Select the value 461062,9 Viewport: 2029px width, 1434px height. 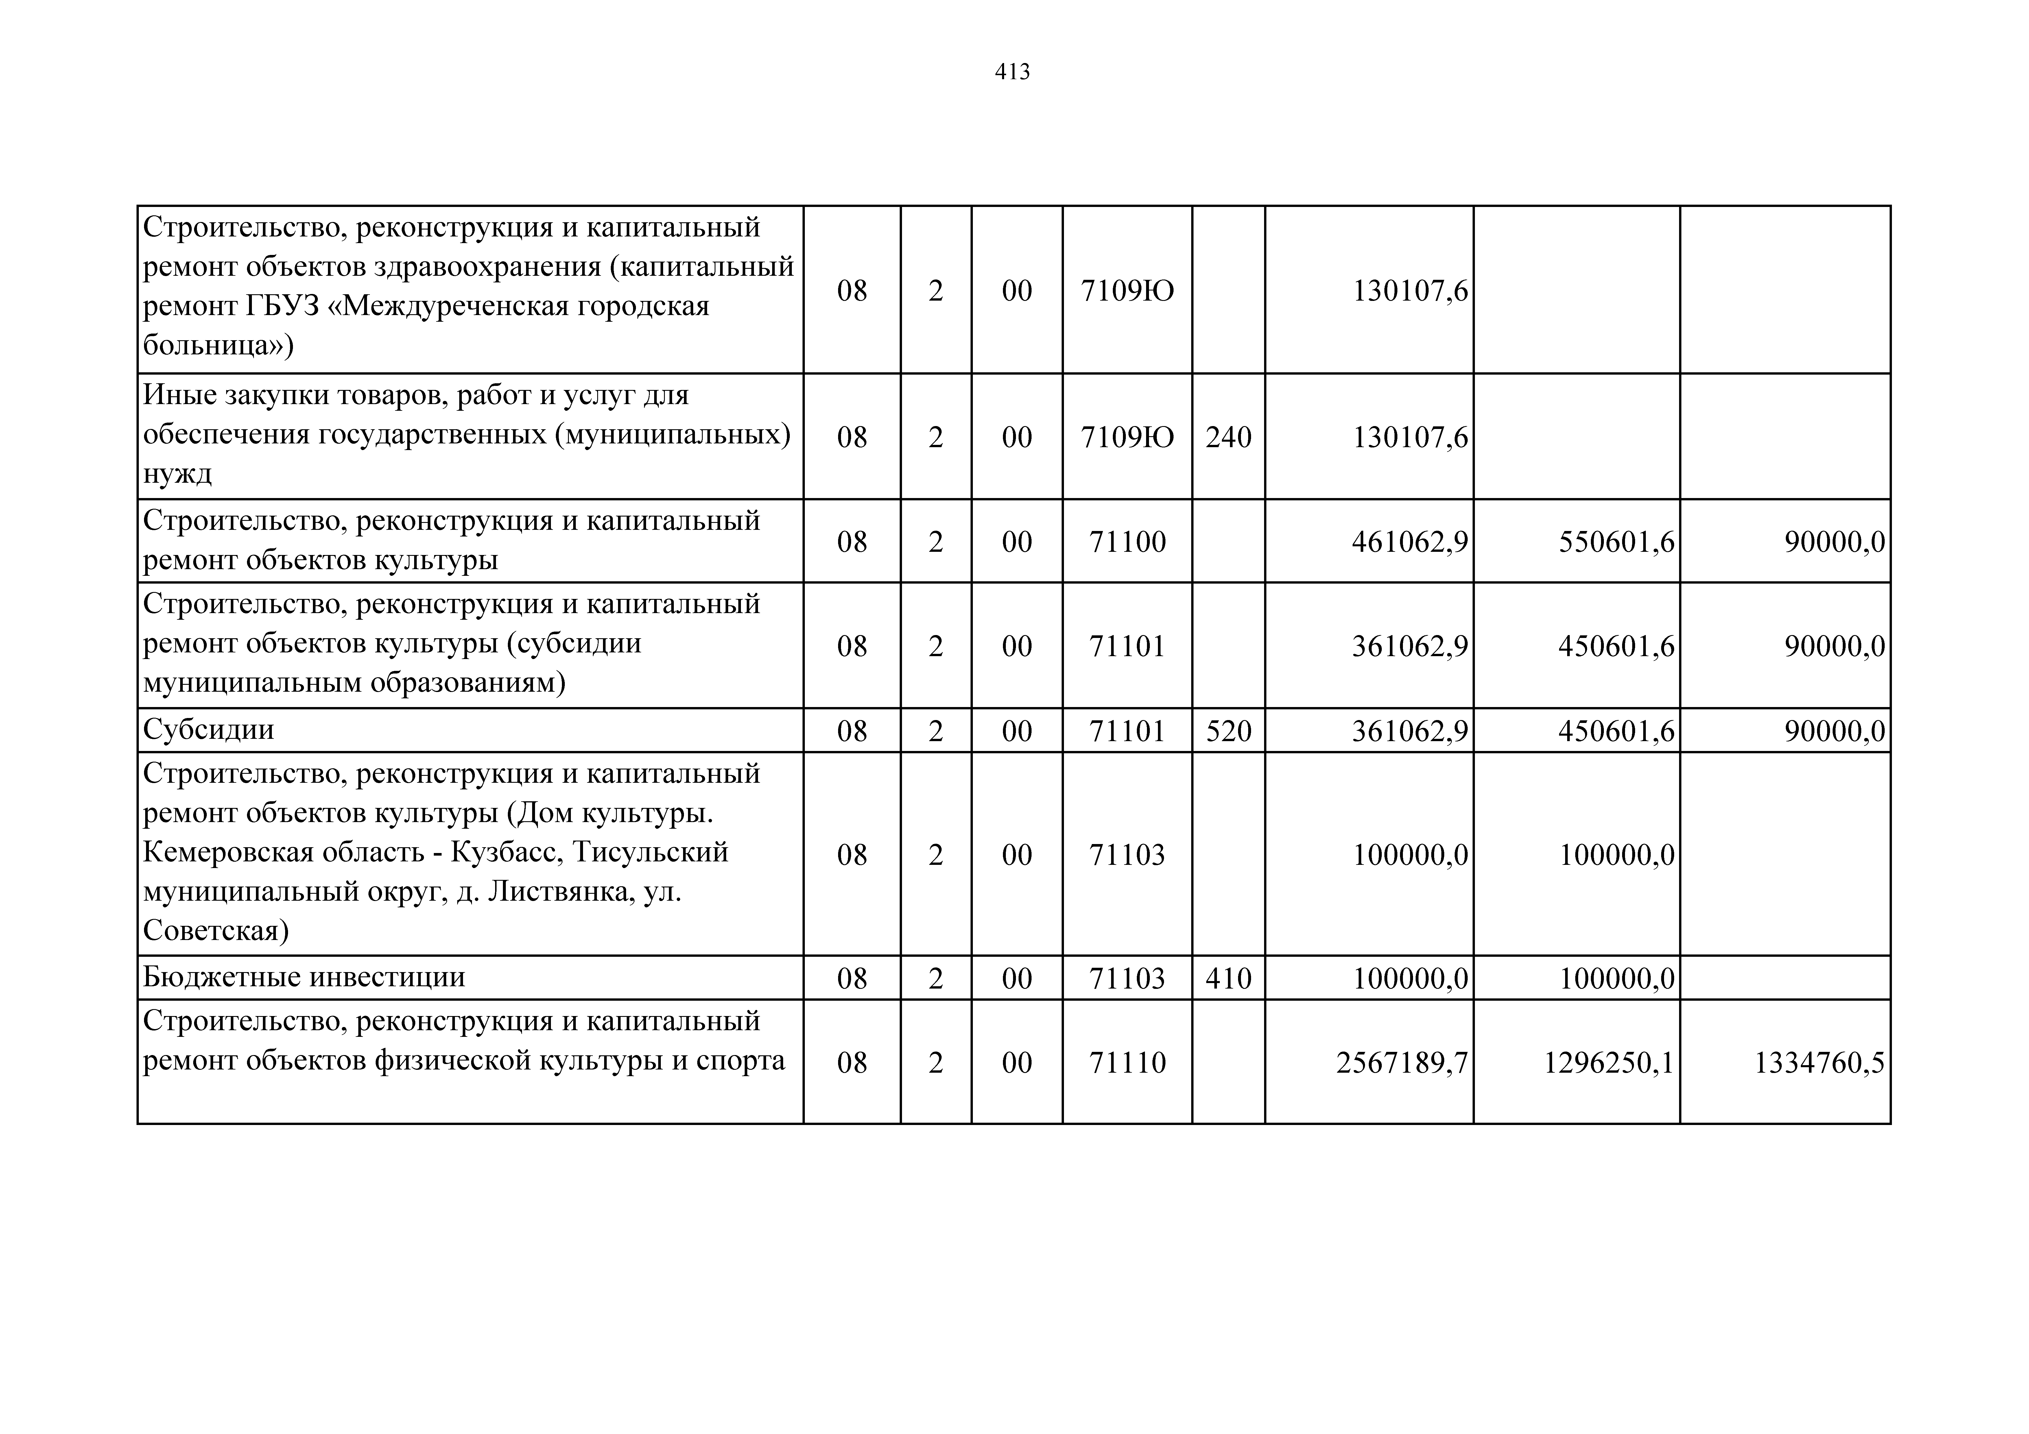[1410, 542]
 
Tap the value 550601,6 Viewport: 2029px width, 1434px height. [1616, 542]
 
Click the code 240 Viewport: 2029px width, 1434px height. [1228, 437]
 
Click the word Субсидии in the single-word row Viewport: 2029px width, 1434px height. [209, 730]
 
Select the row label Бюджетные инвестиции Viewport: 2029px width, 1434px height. [304, 977]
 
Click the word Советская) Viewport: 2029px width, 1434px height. [216, 931]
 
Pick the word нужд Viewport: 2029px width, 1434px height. [178, 474]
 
